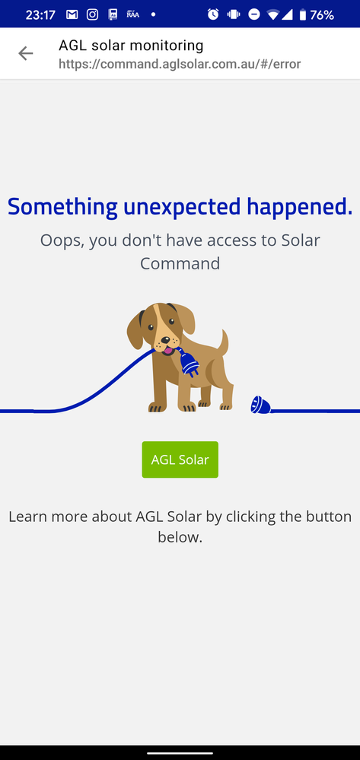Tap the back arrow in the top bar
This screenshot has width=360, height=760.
tap(26, 53)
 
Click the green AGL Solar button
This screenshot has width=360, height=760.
tap(180, 459)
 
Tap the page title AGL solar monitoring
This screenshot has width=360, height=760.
tap(131, 46)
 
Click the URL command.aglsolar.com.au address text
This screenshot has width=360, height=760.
tap(180, 64)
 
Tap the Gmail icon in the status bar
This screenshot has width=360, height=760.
tap(72, 14)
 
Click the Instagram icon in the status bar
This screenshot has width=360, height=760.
tap(92, 14)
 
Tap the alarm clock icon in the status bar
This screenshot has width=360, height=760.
tap(213, 14)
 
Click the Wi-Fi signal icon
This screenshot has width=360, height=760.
tap(272, 14)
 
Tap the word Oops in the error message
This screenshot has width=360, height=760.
tap(61, 240)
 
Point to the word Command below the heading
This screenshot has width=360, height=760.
tap(180, 263)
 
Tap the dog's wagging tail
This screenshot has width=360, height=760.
tap(223, 342)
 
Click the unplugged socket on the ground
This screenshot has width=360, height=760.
tap(260, 404)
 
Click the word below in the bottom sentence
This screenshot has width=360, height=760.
tap(180, 537)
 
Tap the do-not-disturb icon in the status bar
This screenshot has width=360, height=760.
tap(253, 14)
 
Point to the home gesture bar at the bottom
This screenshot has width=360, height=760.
tap(180, 752)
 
